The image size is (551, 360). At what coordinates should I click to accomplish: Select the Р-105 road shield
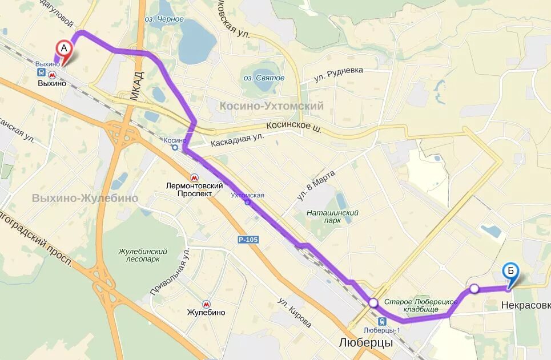pyautogui.click(x=248, y=240)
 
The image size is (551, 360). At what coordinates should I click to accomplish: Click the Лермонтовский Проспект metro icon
pyautogui.click(x=195, y=178)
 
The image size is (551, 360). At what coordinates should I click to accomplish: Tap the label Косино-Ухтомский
pyautogui.click(x=271, y=106)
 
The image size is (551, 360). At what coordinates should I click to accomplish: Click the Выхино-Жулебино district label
pyautogui.click(x=85, y=198)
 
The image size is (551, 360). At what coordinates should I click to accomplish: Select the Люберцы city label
pyautogui.click(x=365, y=343)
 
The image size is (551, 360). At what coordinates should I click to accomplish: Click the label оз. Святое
pyautogui.click(x=262, y=78)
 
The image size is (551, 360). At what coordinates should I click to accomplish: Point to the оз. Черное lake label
pyautogui.click(x=164, y=19)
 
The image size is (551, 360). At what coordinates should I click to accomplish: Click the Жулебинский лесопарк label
pyautogui.click(x=143, y=255)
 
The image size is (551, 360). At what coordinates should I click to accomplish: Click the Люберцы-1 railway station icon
pyautogui.click(x=382, y=321)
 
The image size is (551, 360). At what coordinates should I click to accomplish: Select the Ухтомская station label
pyautogui.click(x=247, y=196)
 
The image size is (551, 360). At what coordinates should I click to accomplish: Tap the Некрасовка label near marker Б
pyautogui.click(x=526, y=305)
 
